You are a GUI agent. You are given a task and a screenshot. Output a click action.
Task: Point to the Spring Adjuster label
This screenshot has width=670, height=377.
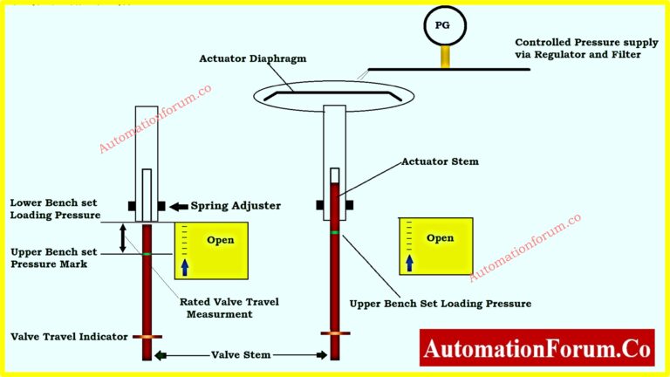(236, 206)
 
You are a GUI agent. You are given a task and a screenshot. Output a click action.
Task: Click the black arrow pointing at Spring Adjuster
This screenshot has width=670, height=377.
(178, 206)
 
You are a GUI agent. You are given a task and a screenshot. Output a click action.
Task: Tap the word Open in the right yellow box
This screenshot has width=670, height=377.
(440, 237)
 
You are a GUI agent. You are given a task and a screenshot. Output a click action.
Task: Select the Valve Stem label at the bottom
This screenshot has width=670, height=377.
(241, 355)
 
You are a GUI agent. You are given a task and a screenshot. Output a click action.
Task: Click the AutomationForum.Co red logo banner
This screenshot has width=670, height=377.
(537, 350)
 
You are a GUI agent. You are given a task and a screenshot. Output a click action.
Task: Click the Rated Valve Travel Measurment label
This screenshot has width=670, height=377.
(229, 308)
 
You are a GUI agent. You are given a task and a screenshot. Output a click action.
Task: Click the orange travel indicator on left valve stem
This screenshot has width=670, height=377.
(147, 336)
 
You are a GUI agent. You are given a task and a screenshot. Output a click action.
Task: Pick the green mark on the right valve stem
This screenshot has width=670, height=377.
(335, 231)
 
